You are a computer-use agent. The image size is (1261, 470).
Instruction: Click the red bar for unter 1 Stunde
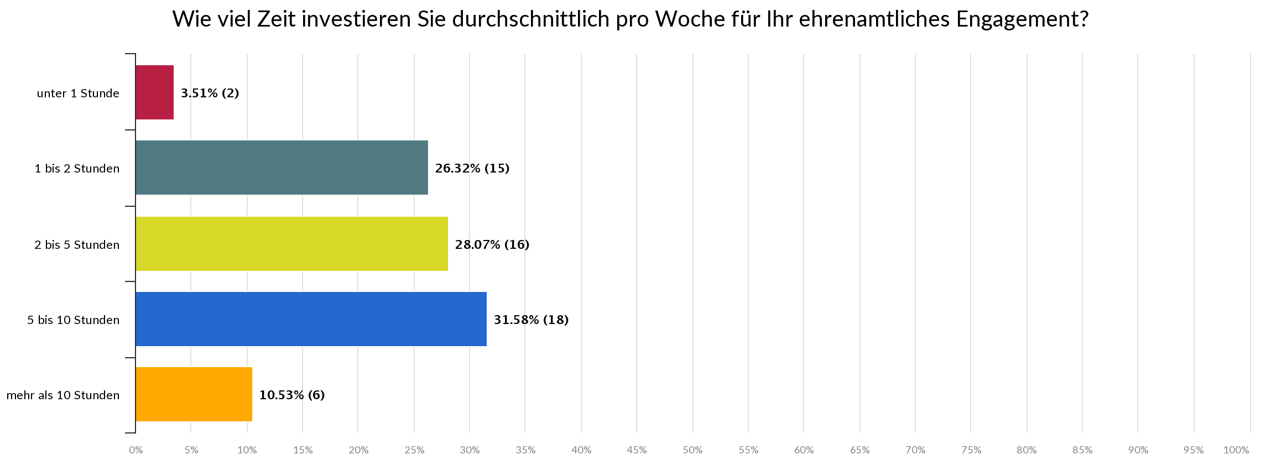[154, 92]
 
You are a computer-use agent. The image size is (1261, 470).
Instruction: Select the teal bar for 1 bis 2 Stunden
[282, 168]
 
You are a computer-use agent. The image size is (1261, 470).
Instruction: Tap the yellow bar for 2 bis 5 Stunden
[291, 244]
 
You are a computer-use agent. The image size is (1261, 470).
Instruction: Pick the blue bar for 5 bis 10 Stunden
[311, 319]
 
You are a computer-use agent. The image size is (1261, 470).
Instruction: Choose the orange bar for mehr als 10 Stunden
[194, 394]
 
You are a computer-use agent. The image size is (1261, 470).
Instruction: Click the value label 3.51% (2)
[210, 93]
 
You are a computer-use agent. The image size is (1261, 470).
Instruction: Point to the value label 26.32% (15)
[472, 168]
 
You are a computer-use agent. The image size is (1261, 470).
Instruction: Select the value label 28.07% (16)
[492, 244]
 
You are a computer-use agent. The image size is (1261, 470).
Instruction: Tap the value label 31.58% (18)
[531, 320]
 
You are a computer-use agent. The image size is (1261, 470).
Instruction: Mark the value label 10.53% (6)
[291, 395]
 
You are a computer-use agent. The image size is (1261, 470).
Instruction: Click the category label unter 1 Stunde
[78, 93]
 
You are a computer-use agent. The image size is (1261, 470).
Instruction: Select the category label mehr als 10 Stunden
[62, 395]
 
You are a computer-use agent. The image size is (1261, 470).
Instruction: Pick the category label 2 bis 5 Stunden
[77, 244]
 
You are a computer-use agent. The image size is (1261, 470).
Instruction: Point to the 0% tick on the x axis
[136, 450]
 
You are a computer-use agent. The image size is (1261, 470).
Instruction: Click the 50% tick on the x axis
[692, 450]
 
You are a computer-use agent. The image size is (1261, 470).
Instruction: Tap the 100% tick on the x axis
[1236, 450]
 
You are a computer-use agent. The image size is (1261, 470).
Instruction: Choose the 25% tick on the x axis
[414, 450]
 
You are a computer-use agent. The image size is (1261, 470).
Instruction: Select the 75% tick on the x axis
[971, 450]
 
